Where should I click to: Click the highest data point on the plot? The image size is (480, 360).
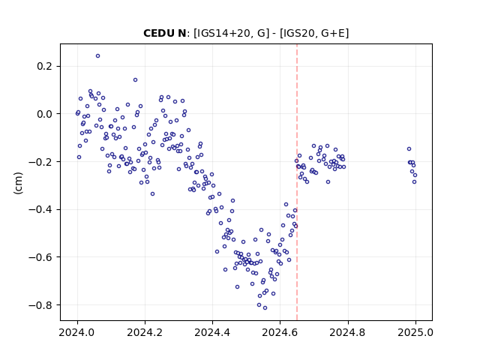[x=98, y=56]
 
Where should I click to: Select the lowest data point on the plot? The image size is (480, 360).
[x=265, y=308]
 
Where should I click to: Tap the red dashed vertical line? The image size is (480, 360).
[x=297, y=182]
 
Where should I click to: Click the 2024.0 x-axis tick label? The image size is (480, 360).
[x=77, y=332]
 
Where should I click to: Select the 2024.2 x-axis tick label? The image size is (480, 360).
[x=145, y=332]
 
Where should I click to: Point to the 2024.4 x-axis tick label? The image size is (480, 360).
[x=212, y=332]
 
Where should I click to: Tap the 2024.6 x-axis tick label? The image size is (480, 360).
[x=280, y=332]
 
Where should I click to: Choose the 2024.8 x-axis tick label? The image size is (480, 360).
[x=348, y=332]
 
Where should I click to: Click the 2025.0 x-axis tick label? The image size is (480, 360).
[x=415, y=332]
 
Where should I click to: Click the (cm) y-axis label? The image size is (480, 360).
[x=18, y=183]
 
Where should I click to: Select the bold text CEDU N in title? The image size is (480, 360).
[x=165, y=33]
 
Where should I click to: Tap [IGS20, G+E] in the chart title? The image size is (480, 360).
[x=314, y=33]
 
